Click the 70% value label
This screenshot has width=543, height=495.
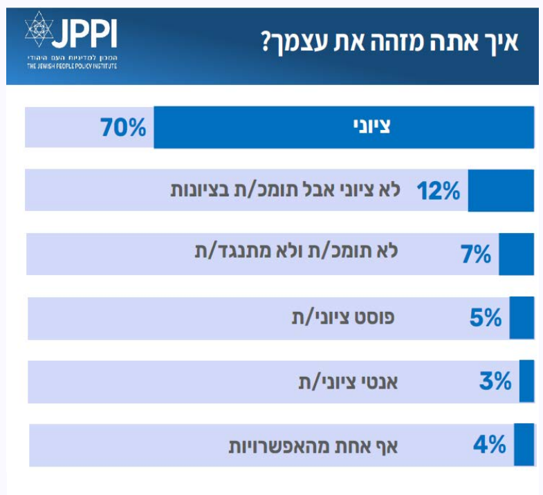(123, 128)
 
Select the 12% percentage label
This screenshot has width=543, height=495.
(438, 191)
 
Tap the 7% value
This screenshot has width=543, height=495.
(475, 254)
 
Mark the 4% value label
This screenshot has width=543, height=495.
(490, 445)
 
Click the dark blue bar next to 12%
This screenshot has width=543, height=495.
(501, 191)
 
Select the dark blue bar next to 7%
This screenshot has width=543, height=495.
(517, 254)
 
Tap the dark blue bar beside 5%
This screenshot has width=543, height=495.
(522, 318)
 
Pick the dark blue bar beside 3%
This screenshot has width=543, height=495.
(527, 381)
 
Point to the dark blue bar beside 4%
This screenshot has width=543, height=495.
(524, 445)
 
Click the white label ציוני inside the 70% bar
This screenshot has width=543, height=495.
(376, 127)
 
